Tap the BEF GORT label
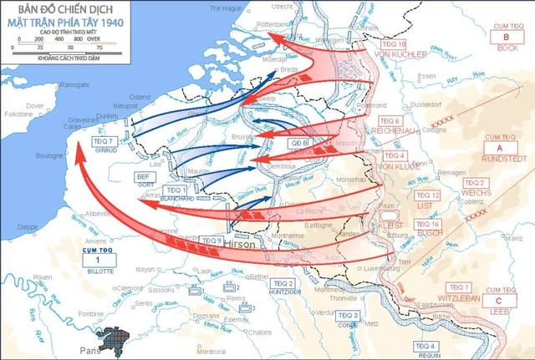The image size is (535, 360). [144, 180]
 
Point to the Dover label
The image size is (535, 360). [34, 106]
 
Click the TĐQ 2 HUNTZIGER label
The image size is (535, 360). [285, 287]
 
